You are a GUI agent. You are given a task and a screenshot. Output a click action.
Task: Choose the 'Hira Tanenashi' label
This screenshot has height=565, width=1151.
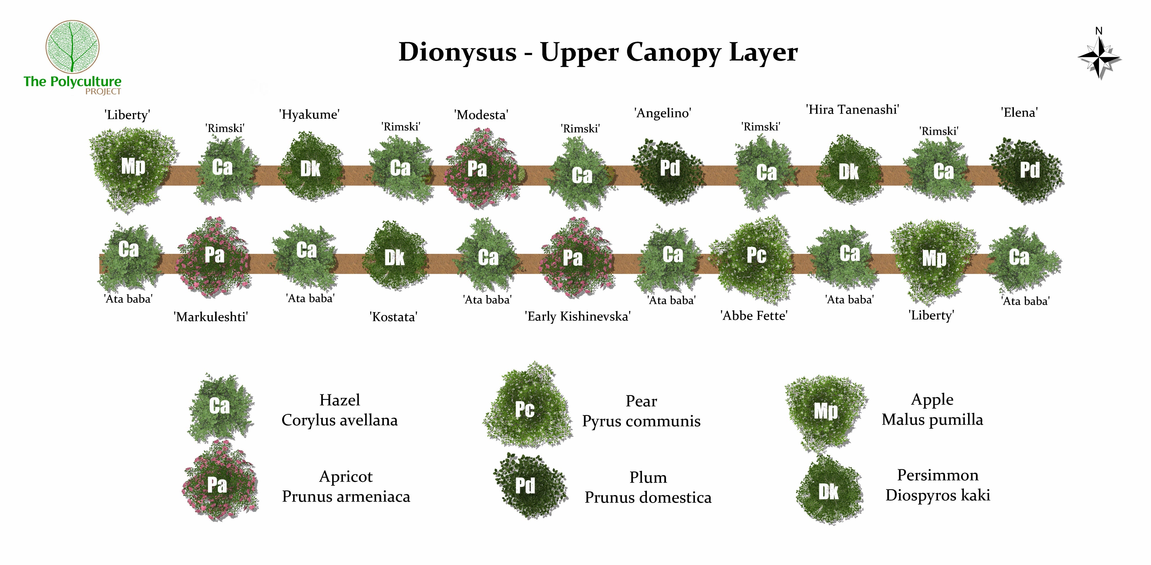852,110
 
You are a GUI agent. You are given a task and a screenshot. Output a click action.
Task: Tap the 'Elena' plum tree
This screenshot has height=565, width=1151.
1028,171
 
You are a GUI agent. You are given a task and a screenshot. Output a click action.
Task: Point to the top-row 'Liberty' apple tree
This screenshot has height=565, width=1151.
132,167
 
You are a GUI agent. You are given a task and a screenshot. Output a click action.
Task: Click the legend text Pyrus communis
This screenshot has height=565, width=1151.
641,421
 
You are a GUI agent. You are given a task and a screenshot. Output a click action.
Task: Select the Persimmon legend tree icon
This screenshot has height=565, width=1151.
829,491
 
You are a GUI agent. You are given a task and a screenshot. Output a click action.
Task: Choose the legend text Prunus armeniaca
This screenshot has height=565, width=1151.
346,497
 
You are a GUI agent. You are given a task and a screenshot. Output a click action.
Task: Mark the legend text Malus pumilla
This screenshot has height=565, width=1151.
932,420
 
